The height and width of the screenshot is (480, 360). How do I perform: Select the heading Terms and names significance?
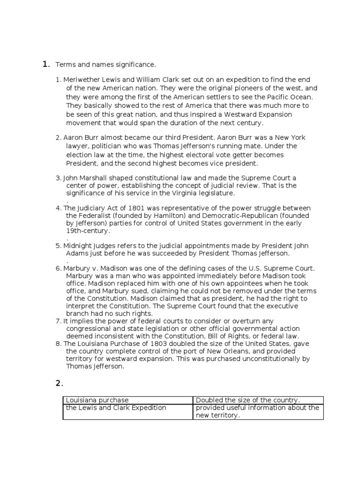click(x=105, y=64)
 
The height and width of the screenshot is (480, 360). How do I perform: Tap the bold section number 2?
click(x=59, y=383)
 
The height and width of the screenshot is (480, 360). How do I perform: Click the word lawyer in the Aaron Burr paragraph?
click(x=77, y=146)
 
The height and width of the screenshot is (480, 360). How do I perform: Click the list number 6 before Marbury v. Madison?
click(x=58, y=268)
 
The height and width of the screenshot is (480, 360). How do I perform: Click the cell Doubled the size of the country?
click(x=247, y=400)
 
